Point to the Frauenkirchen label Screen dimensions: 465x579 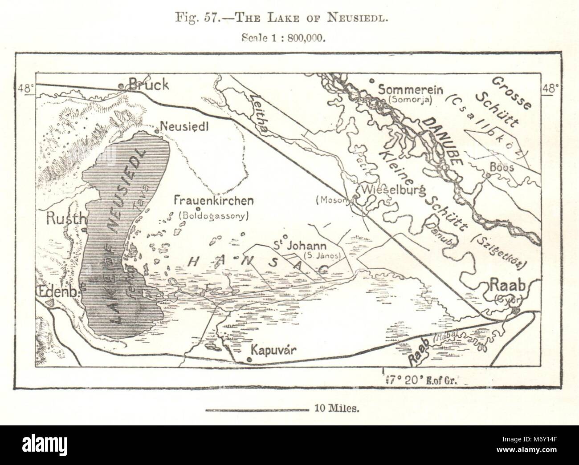pos(214,201)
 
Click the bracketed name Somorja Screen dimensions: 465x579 pos(410,100)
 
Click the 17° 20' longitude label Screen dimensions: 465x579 pos(420,380)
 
